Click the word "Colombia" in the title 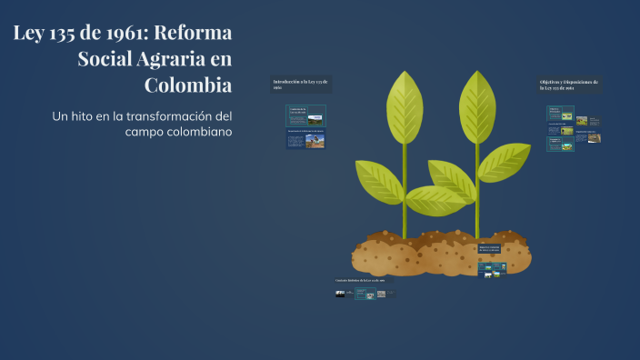click(188, 85)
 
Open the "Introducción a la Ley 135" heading click(301, 84)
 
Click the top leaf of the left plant click(405, 106)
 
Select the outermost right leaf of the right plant click(505, 161)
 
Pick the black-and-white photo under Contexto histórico click(341, 294)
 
